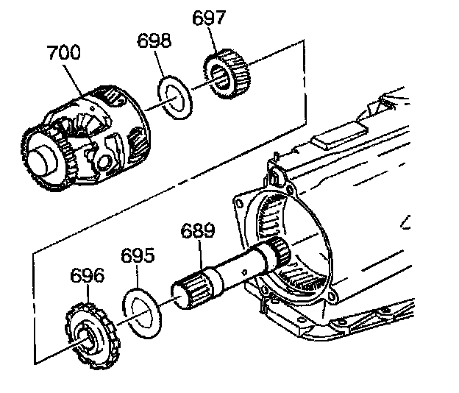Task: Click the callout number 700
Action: (x=65, y=52)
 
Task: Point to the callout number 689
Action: (x=198, y=231)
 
